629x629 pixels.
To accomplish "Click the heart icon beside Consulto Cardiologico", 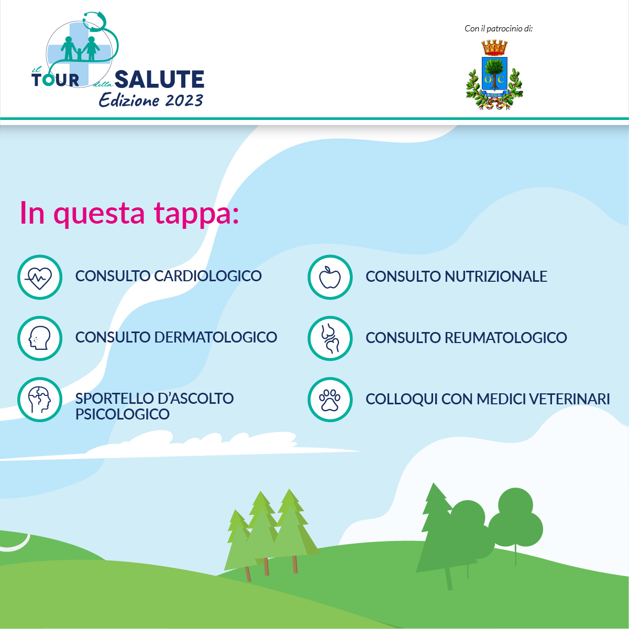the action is tap(39, 277).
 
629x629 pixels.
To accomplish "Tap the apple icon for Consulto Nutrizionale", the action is tap(330, 277).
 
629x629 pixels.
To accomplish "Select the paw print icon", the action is tap(330, 400).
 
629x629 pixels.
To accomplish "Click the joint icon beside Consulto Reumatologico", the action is tap(330, 338).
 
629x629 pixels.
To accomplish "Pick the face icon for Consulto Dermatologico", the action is tap(39, 338).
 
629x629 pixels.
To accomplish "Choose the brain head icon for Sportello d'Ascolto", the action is tap(39, 400).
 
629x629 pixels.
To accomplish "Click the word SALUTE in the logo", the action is tap(160, 79).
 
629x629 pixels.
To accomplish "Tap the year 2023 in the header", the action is tap(184, 101).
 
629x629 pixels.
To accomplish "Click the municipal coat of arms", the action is tap(494, 75).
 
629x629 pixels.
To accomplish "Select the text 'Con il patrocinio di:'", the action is tap(499, 29).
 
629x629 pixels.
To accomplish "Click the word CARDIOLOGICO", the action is tap(208, 276).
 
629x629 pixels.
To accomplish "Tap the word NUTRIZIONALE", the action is tap(496, 277).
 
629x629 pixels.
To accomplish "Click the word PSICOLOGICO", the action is tap(123, 414).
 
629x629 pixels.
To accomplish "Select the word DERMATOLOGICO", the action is tap(216, 337).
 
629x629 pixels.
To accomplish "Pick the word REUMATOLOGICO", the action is tap(506, 337).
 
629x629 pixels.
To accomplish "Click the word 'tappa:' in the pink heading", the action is tap(196, 214).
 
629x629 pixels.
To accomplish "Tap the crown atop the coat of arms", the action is tap(494, 48).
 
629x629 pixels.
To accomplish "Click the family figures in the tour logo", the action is tap(80, 48).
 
